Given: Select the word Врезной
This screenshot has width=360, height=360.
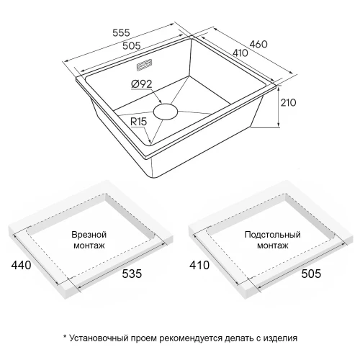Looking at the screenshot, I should [x=90, y=235].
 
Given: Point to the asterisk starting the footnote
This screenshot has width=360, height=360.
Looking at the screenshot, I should [x=65, y=336].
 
